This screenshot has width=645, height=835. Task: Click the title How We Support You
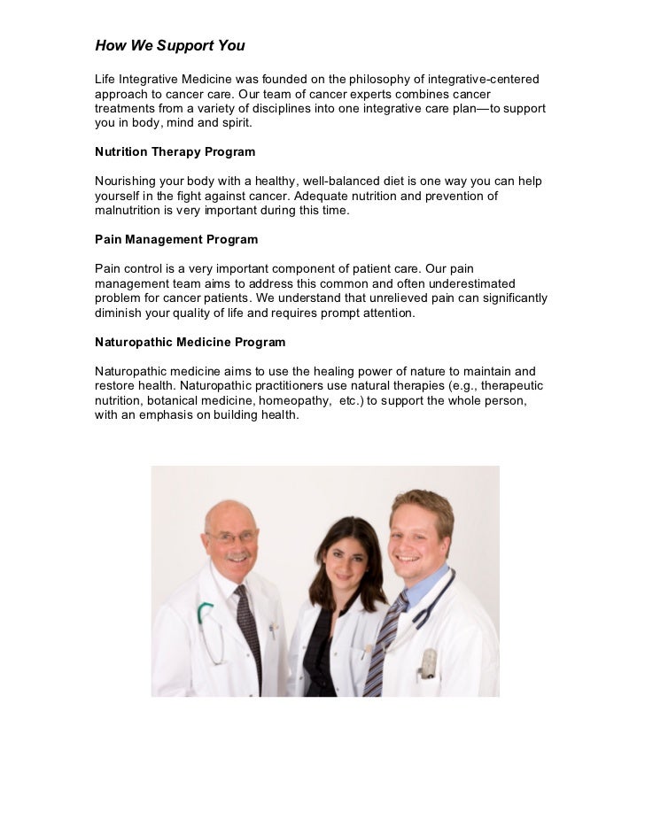click(x=169, y=44)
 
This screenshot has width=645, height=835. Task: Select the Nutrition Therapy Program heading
click(x=175, y=152)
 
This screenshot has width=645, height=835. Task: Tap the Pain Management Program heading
click(x=176, y=239)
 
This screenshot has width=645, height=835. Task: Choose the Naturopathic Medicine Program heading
click(x=190, y=341)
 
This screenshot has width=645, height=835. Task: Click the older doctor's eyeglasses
click(x=232, y=537)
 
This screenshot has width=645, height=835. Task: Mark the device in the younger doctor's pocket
click(x=428, y=663)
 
